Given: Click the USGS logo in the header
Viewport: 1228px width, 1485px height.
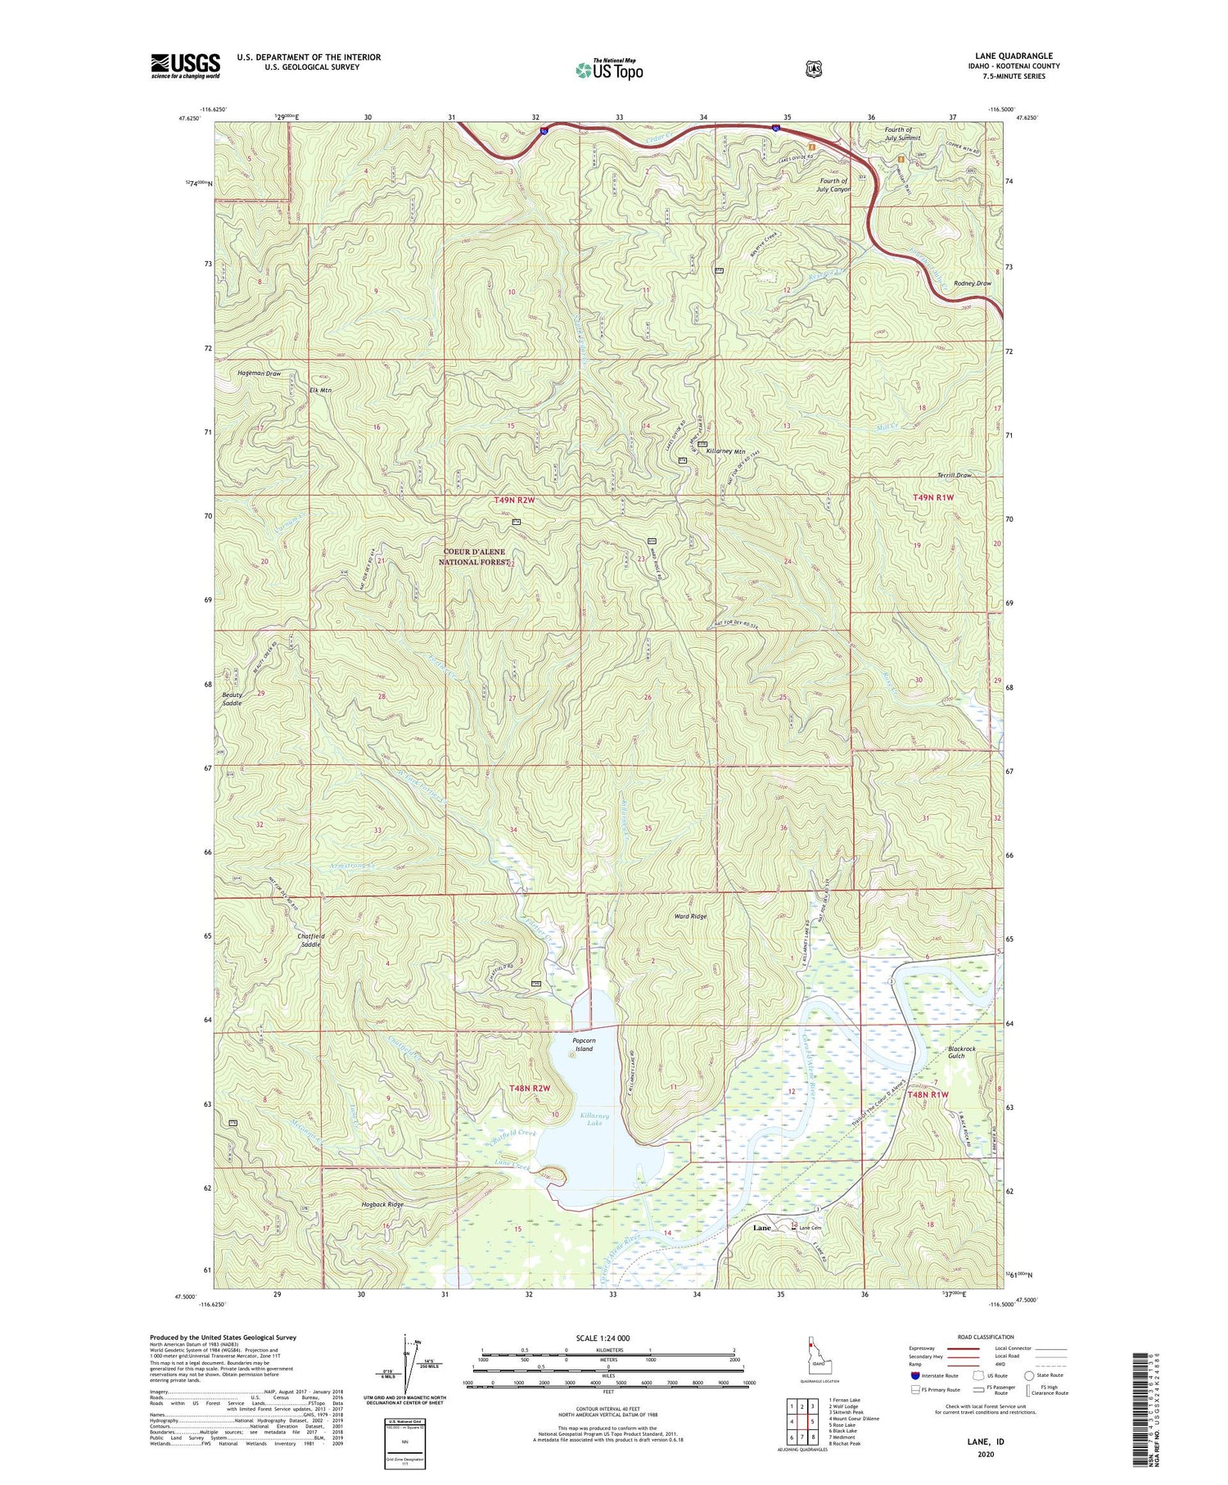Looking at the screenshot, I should (x=185, y=66).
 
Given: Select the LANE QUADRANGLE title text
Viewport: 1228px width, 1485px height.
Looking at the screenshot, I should (x=1014, y=56).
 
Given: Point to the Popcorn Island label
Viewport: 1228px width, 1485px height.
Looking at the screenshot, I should (x=584, y=1044).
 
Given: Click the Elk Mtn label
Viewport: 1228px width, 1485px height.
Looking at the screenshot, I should (x=320, y=391).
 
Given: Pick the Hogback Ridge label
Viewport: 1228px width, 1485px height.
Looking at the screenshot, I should (x=383, y=1205).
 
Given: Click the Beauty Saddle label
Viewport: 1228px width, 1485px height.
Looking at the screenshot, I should (x=232, y=699).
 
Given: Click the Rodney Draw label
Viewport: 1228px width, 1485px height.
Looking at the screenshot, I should (x=972, y=283).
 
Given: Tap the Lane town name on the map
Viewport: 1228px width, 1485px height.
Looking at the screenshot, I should (x=761, y=1228).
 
